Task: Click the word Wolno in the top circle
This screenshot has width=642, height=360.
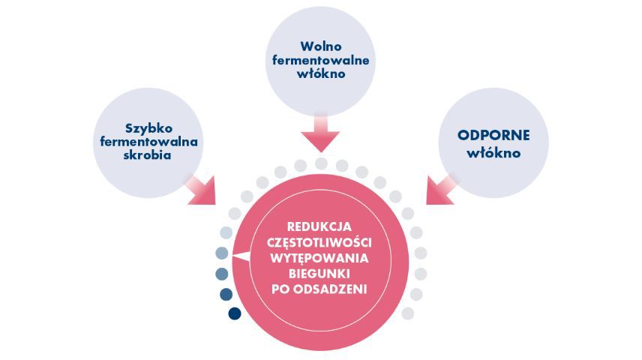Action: click(320, 46)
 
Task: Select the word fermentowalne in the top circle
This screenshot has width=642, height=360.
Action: click(320, 60)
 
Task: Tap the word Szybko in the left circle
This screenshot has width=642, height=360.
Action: click(148, 128)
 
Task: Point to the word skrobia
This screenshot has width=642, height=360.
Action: click(148, 155)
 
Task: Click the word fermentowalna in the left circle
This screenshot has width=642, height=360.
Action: click(148, 142)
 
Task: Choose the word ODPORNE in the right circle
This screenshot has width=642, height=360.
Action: click(493, 135)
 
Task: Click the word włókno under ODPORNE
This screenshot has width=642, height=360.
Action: click(493, 153)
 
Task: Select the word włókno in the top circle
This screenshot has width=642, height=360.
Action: click(321, 74)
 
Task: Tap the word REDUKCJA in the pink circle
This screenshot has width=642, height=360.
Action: click(319, 226)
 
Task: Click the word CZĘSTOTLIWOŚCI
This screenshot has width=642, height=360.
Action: click(319, 242)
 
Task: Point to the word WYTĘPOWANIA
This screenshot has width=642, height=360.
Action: click(319, 259)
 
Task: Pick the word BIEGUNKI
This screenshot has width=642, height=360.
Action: click(319, 274)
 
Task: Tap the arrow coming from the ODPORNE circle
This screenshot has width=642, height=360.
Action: click(441, 190)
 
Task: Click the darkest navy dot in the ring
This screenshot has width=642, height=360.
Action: click(235, 313)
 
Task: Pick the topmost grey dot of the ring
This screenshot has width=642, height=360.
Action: click(322, 163)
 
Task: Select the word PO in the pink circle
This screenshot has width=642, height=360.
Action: click(280, 289)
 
